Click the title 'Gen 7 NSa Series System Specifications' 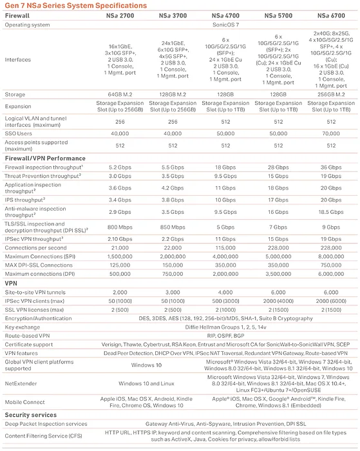74,5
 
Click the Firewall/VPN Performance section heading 45,158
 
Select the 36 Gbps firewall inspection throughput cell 330,167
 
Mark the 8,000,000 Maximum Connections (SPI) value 330,256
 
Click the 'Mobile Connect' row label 25,401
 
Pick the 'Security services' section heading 33,415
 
